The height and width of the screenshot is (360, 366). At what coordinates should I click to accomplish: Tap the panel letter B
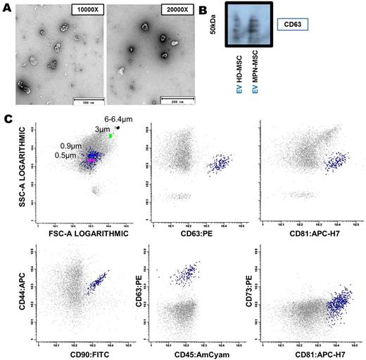click(x=206, y=10)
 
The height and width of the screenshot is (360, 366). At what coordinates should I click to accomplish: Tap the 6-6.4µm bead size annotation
click(x=118, y=119)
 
